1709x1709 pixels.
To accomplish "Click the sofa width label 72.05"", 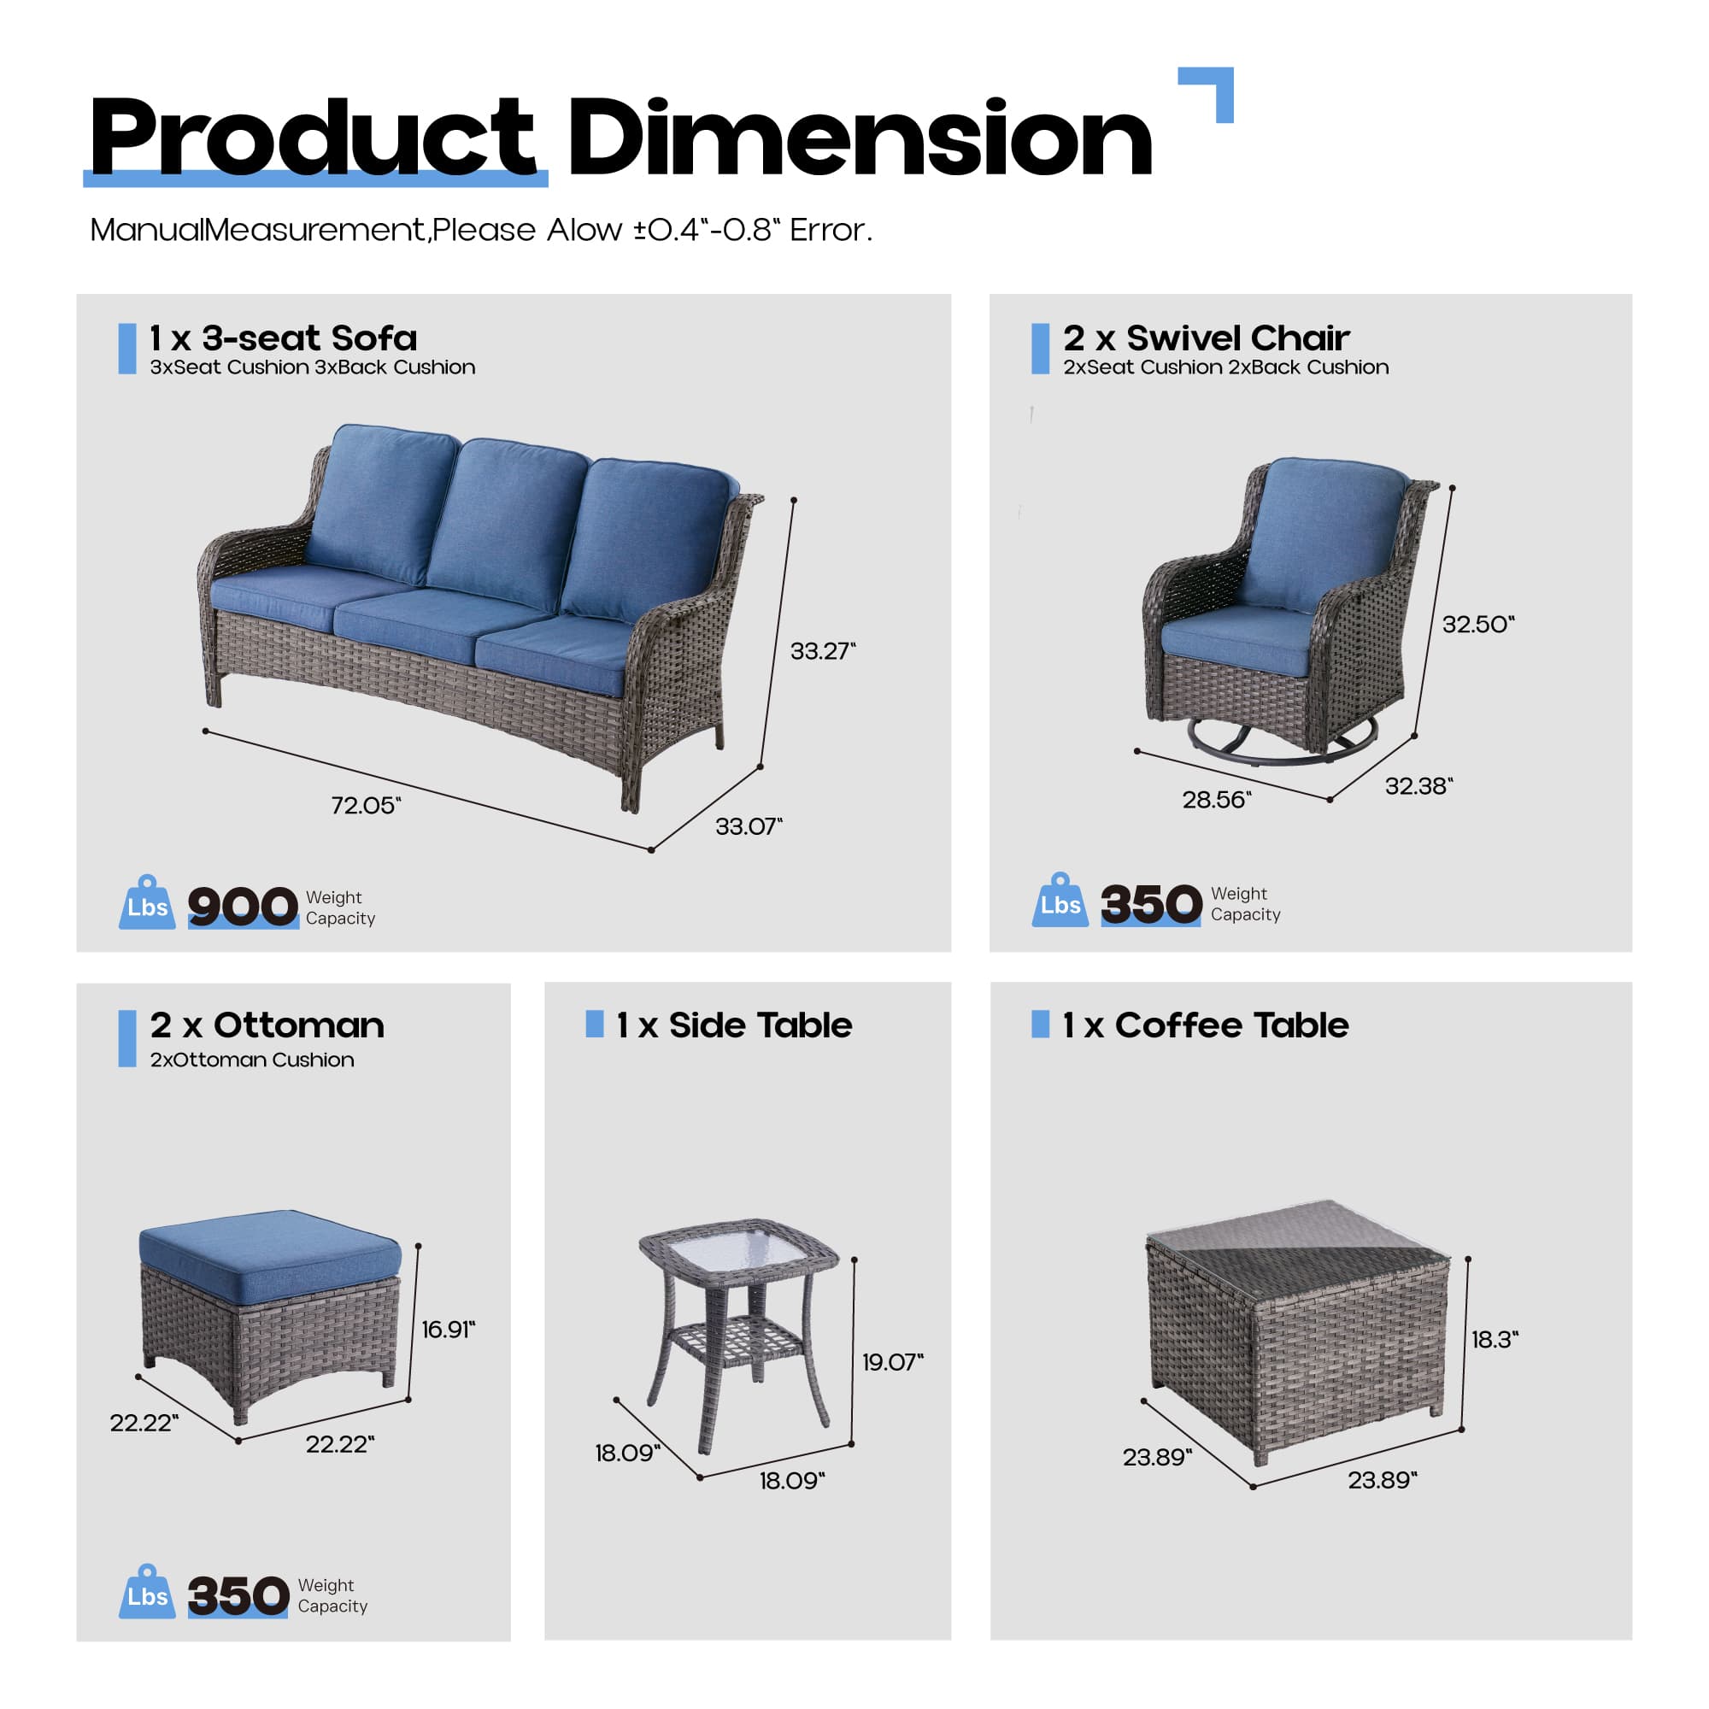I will pyautogui.click(x=366, y=806).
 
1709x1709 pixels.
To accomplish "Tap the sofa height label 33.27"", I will pyautogui.click(x=822, y=652).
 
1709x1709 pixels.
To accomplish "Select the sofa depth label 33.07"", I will pyautogui.click(x=749, y=827).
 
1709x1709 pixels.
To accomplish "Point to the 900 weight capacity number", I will pyautogui.click(x=243, y=907).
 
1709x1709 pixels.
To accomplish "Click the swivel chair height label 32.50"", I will pyautogui.click(x=1477, y=625).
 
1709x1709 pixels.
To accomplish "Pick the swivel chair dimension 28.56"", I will pyautogui.click(x=1216, y=801).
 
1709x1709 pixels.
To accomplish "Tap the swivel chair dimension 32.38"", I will pyautogui.click(x=1418, y=786).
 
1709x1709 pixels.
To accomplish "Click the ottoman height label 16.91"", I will pyautogui.click(x=448, y=1330).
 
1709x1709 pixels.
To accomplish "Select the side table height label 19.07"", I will pyautogui.click(x=891, y=1362).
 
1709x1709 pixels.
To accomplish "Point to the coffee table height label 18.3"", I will pyautogui.click(x=1494, y=1339).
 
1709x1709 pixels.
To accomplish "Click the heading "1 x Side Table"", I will pyautogui.click(x=733, y=1025).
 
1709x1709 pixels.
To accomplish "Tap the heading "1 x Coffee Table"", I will pyautogui.click(x=1205, y=1025).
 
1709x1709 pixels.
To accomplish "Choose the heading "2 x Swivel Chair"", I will pyautogui.click(x=1206, y=338).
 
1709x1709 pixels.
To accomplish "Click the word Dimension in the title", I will pyautogui.click(x=860, y=138).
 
